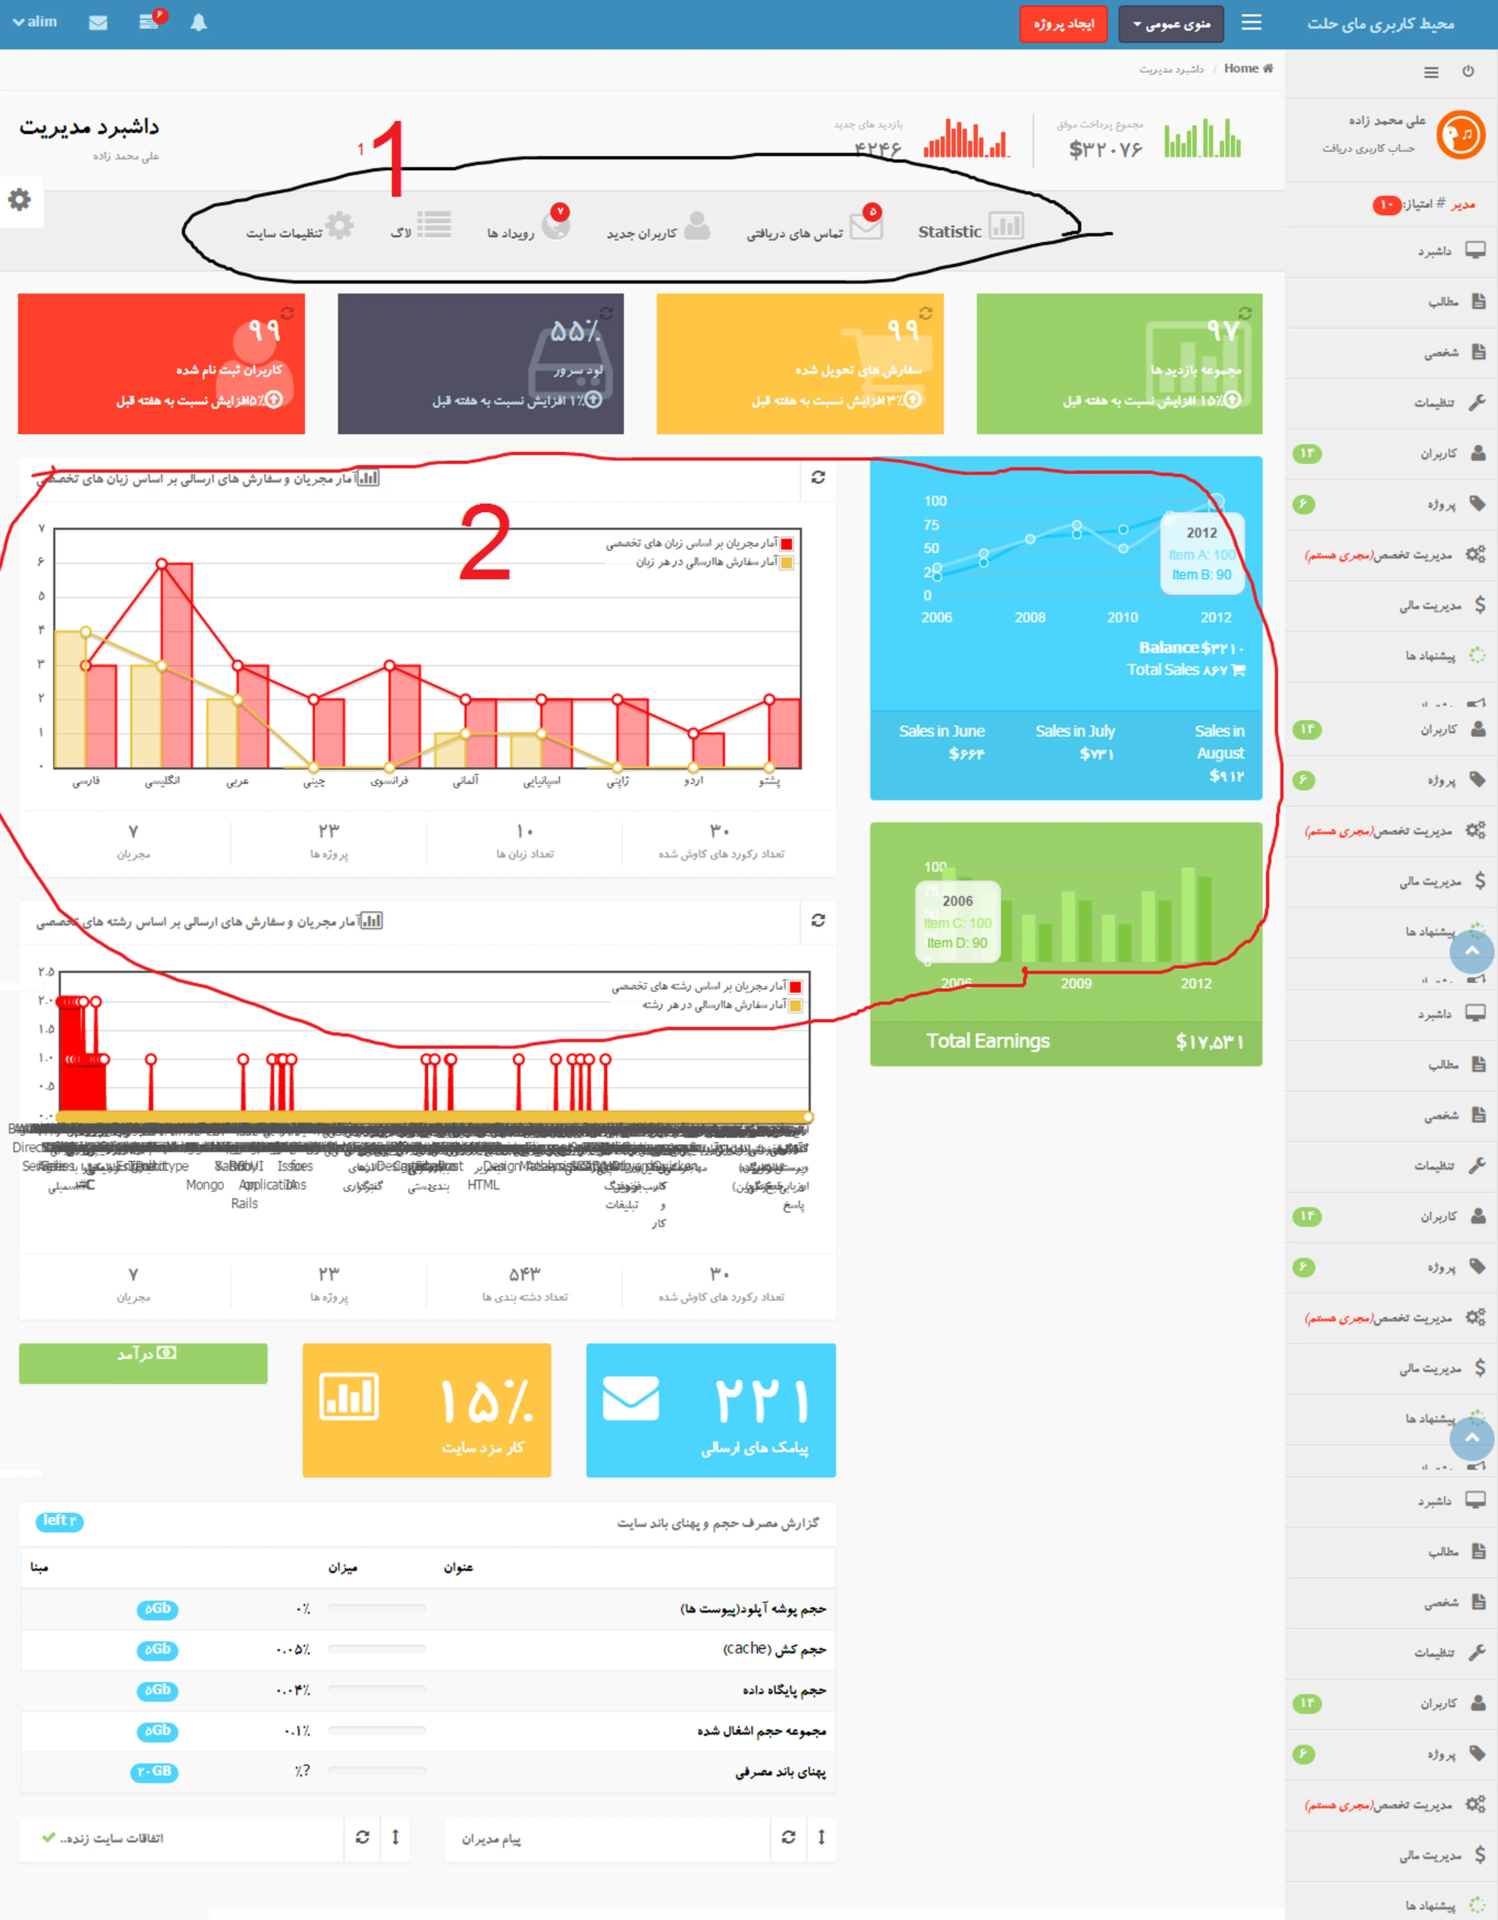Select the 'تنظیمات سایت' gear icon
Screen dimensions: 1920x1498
[339, 226]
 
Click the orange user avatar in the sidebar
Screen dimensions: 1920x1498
[1460, 134]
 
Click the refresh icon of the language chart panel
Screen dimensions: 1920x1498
[818, 477]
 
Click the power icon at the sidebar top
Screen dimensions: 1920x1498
[1468, 71]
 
